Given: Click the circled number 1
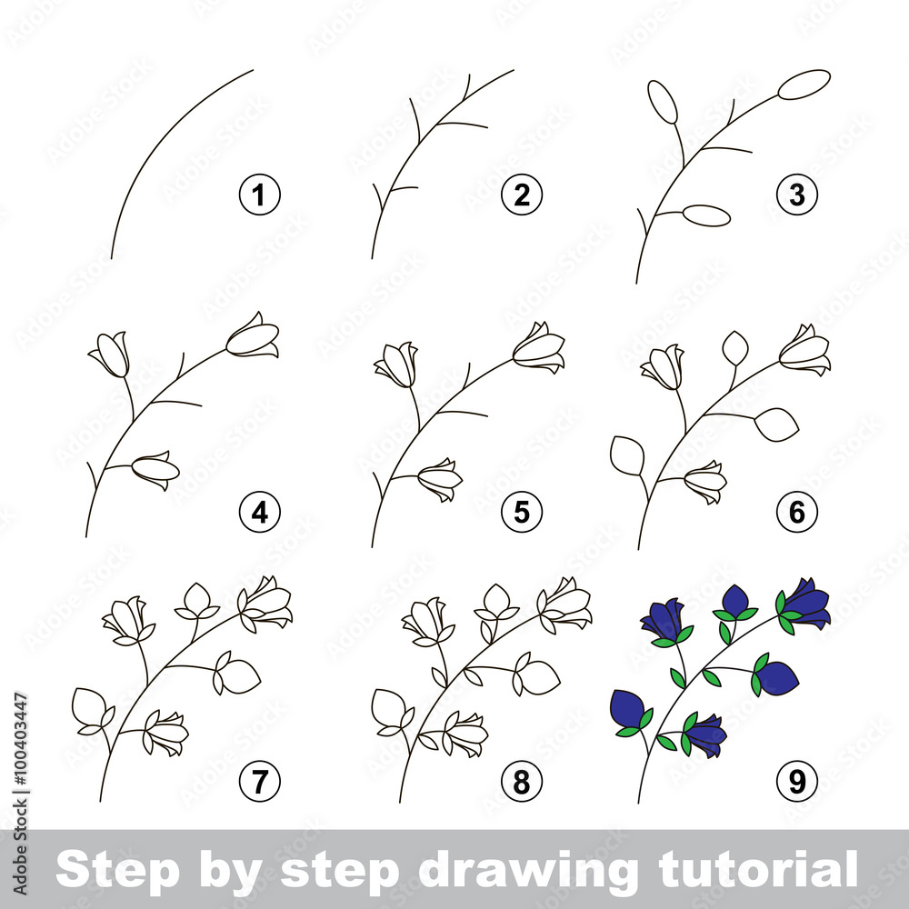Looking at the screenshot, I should point(260,195).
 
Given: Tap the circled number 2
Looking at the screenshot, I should point(522,195).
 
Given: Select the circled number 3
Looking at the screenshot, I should point(797,195).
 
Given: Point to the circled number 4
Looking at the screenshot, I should point(260,514).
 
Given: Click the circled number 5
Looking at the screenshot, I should point(522,514).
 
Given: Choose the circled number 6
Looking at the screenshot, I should point(797,514).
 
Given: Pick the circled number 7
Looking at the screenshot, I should point(260,781).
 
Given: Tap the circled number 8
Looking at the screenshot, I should point(522,781).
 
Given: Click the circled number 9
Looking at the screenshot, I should point(797,781).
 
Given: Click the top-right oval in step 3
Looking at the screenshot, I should point(804,84).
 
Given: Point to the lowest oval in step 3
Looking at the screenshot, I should point(706,215).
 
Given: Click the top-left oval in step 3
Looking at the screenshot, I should point(663,101).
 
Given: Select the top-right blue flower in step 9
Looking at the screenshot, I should point(806,604).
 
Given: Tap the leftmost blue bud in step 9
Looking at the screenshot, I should point(627,709).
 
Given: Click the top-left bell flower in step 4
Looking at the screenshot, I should point(110,353).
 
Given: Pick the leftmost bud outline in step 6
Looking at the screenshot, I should point(627,454).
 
